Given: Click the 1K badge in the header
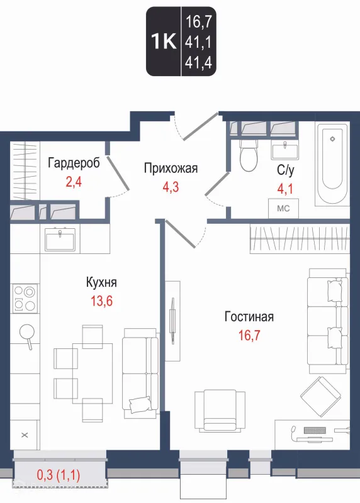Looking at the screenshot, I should [x=164, y=41].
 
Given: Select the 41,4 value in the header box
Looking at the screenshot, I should [x=197, y=62].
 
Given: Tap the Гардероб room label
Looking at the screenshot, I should [x=74, y=164].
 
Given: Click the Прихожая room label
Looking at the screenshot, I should [x=171, y=168].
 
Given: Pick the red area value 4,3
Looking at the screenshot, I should [x=171, y=187].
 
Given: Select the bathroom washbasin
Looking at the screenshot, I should [x=288, y=150].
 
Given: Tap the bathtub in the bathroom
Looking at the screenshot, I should [x=333, y=164].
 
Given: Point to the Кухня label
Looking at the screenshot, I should [x=102, y=282].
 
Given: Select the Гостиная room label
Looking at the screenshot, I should [x=249, y=317].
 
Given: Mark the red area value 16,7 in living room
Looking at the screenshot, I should [x=249, y=335].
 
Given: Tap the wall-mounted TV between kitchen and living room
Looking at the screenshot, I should [x=173, y=312].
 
